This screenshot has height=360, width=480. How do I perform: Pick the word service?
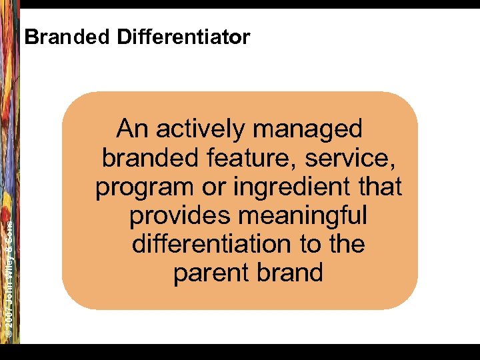[355, 158]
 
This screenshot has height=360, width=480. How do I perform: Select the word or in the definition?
[213, 187]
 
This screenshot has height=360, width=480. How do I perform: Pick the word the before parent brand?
[346, 244]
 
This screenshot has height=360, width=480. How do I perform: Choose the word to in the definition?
[309, 245]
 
